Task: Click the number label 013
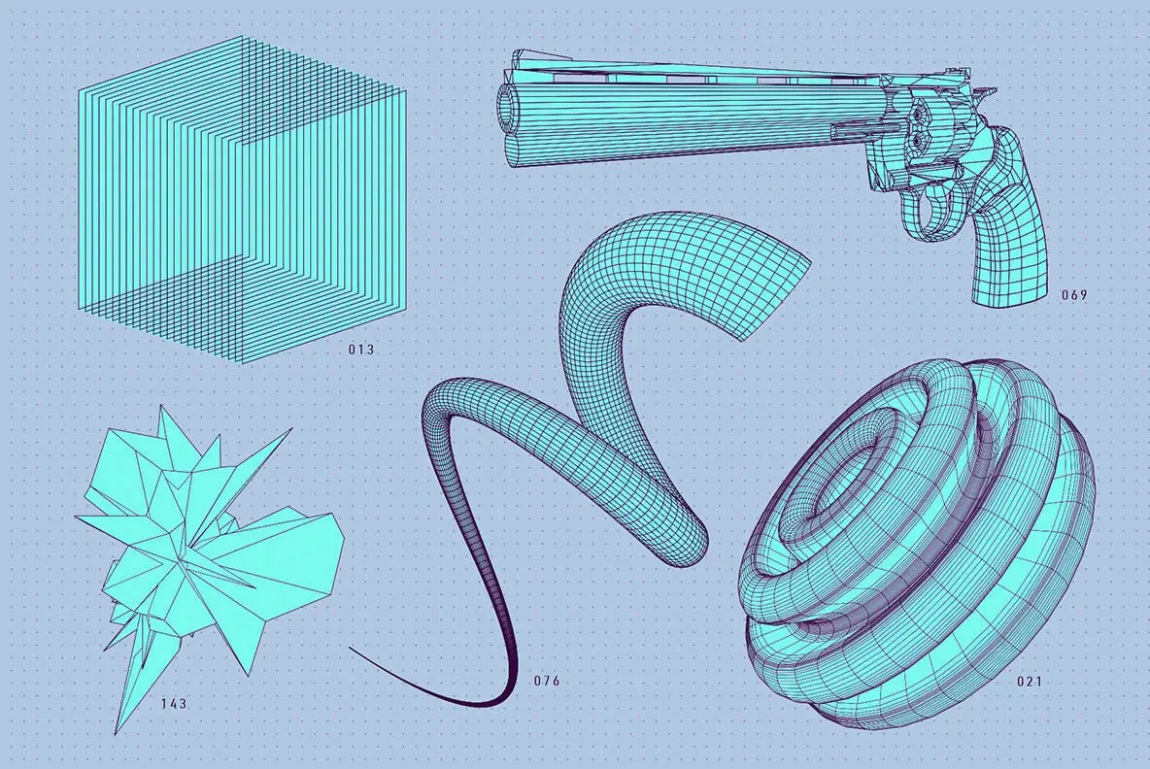coord(361,349)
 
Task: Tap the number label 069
coord(1074,294)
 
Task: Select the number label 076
coord(547,681)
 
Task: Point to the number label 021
coord(1030,681)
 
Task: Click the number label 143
coord(174,703)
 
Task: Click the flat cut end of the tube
coord(775,292)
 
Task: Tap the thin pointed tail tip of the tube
coord(355,651)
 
